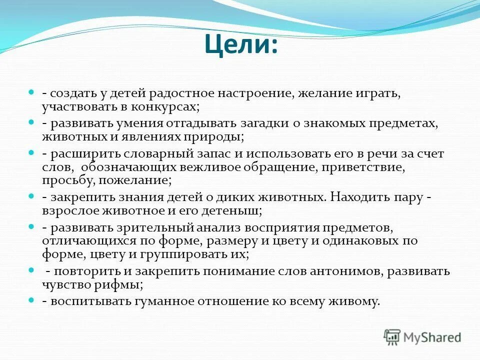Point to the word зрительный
(157, 228)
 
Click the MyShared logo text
(432, 337)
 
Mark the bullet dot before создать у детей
(30, 92)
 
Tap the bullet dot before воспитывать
(30, 300)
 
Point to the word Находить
(359, 196)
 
